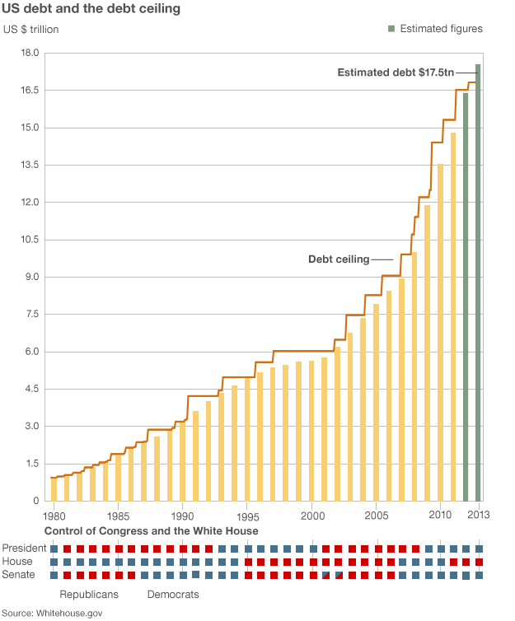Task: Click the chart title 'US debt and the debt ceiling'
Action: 93,10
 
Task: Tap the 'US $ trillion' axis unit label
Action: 31,30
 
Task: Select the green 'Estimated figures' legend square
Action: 391,29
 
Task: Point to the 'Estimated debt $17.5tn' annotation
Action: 395,72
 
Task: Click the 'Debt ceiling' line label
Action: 339,259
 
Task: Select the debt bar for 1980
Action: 54,489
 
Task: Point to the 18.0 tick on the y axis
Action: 30,53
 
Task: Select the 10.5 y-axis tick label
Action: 30,240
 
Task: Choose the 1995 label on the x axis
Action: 247,516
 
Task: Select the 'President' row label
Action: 24,549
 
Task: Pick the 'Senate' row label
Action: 19,574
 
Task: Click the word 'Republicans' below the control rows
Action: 89,594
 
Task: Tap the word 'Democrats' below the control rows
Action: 173,594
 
